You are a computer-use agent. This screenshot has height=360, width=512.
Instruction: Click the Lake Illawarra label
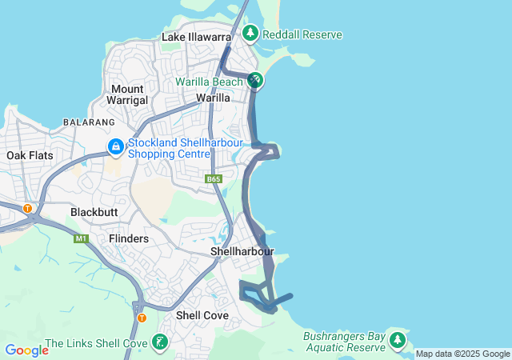(x=196, y=37)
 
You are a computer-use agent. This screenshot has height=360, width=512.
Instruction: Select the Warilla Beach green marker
(x=255, y=81)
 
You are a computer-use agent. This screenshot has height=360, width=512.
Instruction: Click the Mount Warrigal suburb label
(x=128, y=94)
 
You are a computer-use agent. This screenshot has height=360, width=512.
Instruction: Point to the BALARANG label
(x=88, y=122)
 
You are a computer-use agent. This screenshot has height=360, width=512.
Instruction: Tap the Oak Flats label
(x=28, y=155)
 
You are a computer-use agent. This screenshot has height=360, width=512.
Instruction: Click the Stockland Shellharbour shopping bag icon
(x=116, y=147)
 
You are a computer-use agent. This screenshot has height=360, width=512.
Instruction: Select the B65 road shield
(x=213, y=179)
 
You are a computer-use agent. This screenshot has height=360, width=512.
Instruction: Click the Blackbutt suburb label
(x=94, y=212)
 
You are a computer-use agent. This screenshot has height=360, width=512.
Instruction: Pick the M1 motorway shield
(x=81, y=238)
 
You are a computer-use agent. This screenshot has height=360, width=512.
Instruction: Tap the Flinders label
(x=129, y=238)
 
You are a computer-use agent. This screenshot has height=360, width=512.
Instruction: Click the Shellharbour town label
(x=242, y=251)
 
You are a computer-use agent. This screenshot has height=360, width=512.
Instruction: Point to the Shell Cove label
(x=202, y=315)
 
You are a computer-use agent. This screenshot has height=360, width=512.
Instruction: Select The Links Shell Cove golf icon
(x=160, y=342)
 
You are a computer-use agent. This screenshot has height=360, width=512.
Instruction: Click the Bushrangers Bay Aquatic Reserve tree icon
(x=398, y=340)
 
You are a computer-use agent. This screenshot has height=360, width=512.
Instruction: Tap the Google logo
(x=26, y=350)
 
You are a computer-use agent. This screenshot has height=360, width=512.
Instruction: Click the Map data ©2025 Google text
(x=462, y=354)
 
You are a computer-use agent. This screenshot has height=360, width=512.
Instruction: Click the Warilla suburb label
(x=214, y=98)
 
